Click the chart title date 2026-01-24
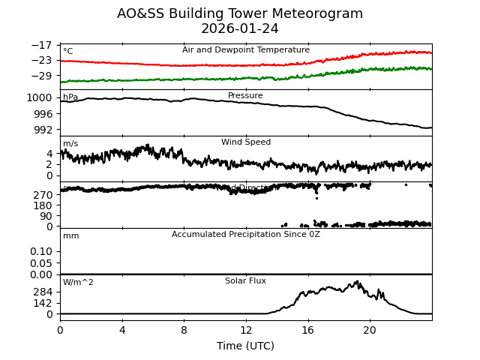[x=239, y=28]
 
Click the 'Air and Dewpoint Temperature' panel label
[x=245, y=50]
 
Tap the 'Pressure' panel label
[x=245, y=96]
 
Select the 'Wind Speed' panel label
[x=245, y=142]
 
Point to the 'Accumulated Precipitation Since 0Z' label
[x=245, y=235]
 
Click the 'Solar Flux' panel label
[x=245, y=281]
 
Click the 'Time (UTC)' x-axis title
[x=245, y=346]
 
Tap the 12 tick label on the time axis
[x=245, y=331]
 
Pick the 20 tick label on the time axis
[x=370, y=331]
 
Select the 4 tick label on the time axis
[x=121, y=331]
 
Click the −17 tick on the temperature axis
[x=42, y=46]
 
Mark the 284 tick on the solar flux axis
[x=43, y=292]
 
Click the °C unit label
[x=67, y=52]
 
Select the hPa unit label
[x=70, y=97]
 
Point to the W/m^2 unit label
[x=78, y=283]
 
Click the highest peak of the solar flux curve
[x=358, y=281]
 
